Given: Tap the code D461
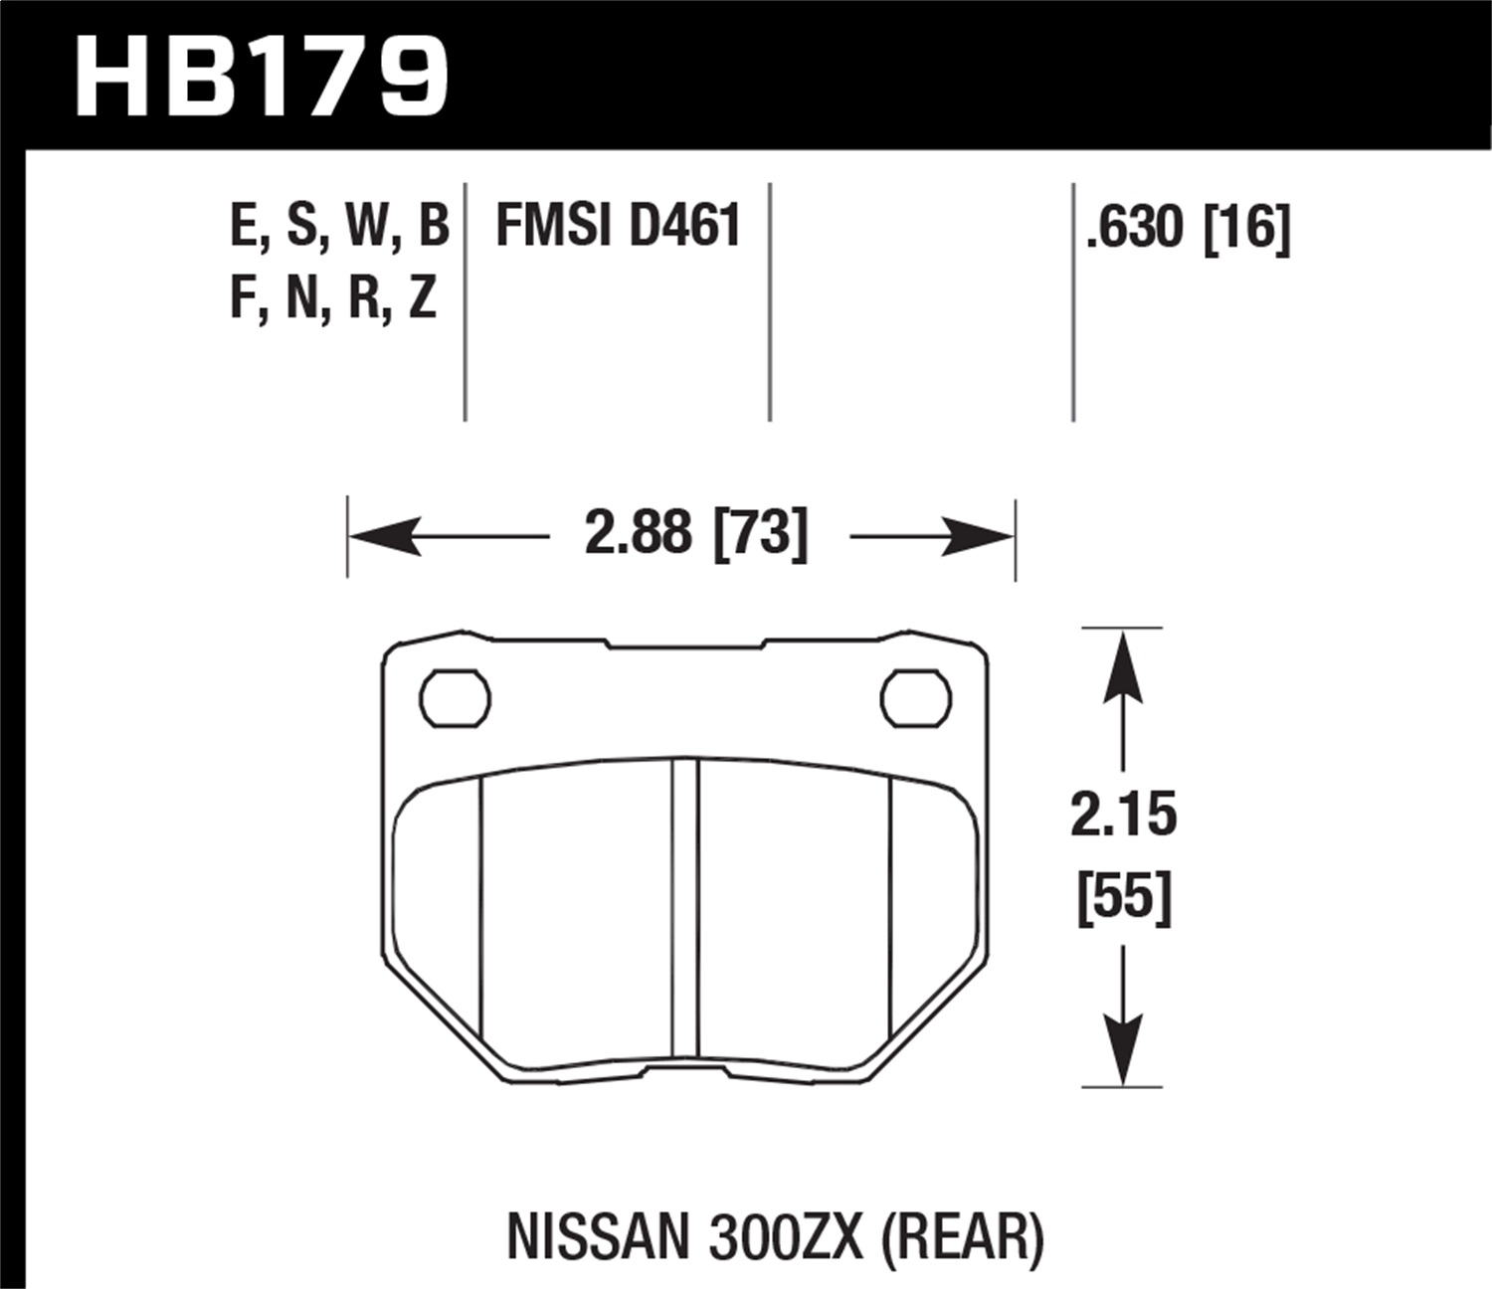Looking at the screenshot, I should tap(685, 226).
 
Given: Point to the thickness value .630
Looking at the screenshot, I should tap(1136, 228).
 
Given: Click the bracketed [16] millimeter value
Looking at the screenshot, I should tap(1246, 228).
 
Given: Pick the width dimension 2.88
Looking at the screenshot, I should tap(638, 534).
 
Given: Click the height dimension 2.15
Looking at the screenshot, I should tap(1123, 815).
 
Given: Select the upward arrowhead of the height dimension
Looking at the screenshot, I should tap(1123, 660).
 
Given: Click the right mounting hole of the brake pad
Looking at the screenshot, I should tap(915, 697).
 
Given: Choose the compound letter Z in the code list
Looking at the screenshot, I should tap(423, 297).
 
